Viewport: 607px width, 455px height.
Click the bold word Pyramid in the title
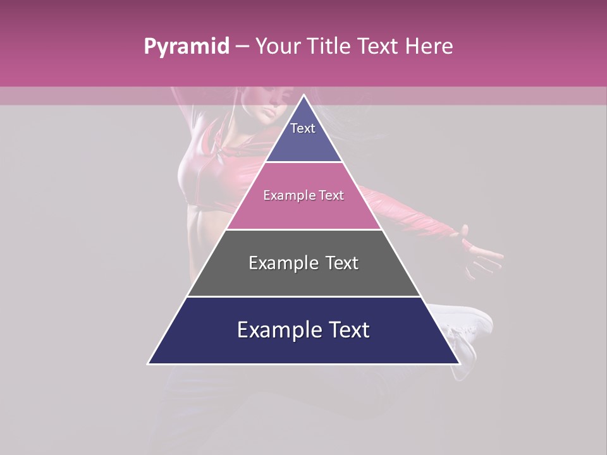[186, 47]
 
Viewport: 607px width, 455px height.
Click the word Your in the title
[277, 46]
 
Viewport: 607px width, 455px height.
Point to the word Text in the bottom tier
[347, 330]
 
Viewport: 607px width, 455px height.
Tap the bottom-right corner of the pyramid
[459, 363]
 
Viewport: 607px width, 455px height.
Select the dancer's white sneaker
[468, 322]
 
